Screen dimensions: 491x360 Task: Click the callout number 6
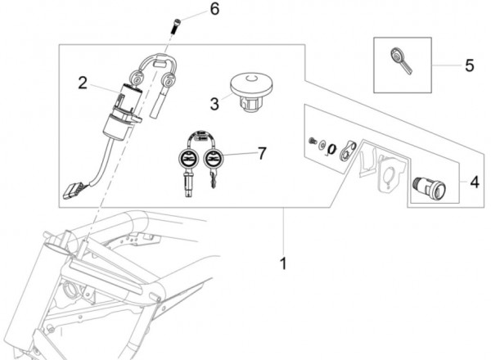pos(214,9)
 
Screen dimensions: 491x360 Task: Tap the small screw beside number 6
pos(176,26)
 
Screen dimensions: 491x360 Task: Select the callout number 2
pos(83,83)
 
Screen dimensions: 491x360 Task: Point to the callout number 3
pos(214,104)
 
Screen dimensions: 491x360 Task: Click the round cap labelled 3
pos(251,92)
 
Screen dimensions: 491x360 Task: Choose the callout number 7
pos(262,153)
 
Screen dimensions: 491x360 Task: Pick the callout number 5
pos(470,65)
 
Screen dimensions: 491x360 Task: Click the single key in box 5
pos(400,61)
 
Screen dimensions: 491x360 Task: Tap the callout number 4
pos(475,182)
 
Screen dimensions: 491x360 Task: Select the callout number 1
pos(283,263)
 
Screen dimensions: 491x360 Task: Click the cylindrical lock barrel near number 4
pos(429,188)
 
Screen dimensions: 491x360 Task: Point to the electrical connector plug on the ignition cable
pos(73,191)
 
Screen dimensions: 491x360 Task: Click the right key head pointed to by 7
pos(214,158)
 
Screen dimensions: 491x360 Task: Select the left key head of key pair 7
pos(188,158)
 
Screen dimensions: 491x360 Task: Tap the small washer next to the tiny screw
pos(322,146)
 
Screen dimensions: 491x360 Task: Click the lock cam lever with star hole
pos(348,151)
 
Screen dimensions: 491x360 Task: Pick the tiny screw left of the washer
pos(313,141)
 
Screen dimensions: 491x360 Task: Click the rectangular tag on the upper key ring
pos(160,64)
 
